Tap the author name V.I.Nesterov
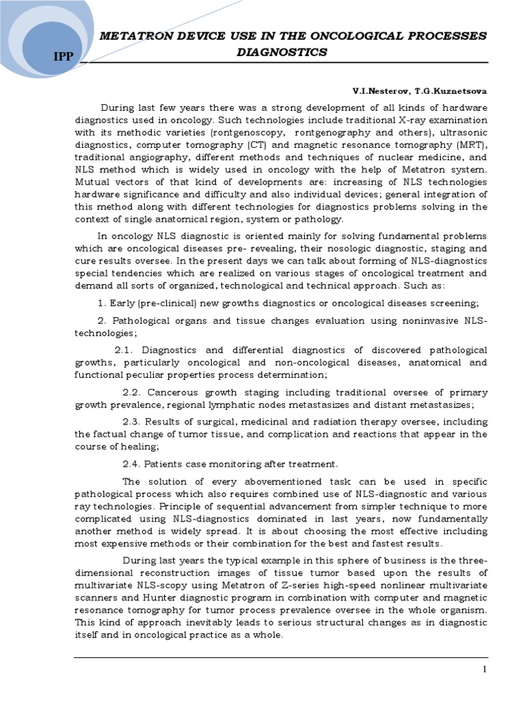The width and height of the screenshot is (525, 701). pyautogui.click(x=379, y=90)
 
